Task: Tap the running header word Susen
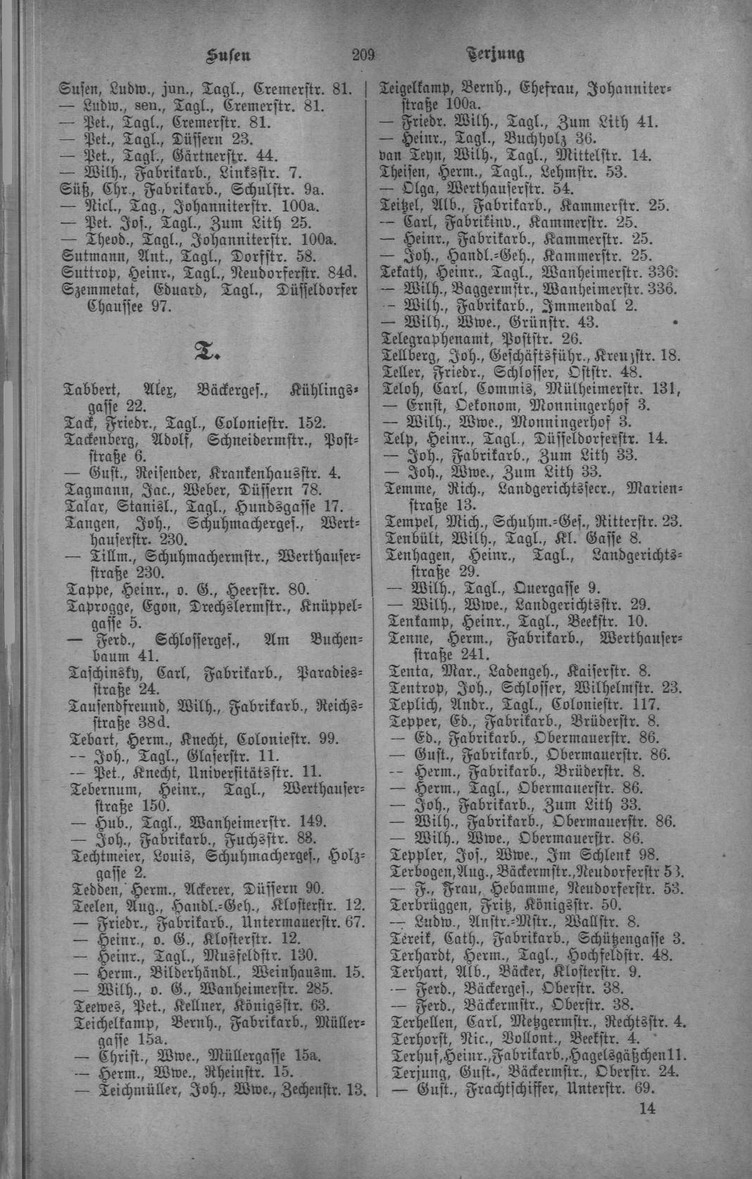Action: (227, 55)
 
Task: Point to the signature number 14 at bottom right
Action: (647, 1108)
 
